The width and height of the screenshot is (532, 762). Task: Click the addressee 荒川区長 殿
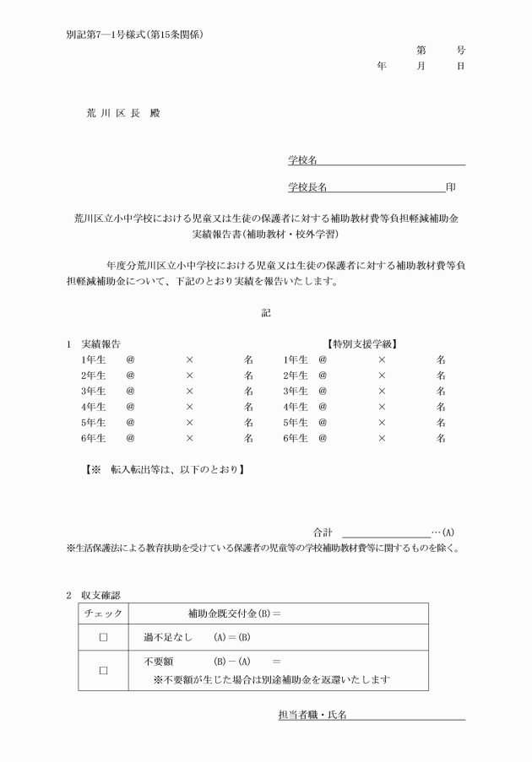pos(122,113)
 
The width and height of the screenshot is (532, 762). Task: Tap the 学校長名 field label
pos(307,186)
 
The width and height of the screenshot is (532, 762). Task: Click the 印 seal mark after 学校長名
pos(451,186)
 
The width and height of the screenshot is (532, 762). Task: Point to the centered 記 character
pos(266,313)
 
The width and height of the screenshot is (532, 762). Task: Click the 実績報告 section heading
pos(100,344)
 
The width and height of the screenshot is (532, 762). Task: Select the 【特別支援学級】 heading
pos(362,344)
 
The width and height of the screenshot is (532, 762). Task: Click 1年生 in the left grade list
pos(93,359)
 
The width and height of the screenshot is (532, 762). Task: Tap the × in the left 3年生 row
pos(189,392)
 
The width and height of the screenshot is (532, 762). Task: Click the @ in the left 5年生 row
pos(130,423)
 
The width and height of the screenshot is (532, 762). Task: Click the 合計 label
pos(323,532)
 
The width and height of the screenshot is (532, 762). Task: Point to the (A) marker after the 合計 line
pos(448,532)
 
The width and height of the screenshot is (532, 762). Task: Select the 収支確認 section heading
pos(100,596)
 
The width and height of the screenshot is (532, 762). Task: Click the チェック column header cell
pos(103,614)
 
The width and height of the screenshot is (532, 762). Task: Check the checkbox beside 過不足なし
pos(103,638)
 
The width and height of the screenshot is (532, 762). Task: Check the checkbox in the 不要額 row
pos(103,671)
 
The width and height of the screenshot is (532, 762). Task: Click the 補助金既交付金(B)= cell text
pos(234,614)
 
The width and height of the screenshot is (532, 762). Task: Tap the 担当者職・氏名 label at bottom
pos(312,715)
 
